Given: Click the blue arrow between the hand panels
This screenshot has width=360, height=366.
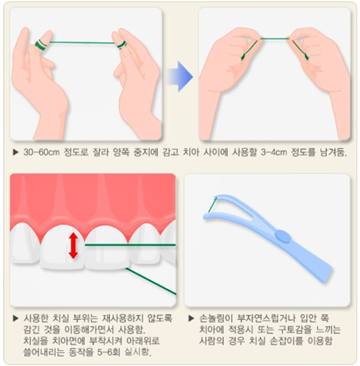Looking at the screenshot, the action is tap(180, 76).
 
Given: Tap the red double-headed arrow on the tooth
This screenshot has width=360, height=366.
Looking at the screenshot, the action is tap(73, 246).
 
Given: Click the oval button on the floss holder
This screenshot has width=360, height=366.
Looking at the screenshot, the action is tap(283, 236).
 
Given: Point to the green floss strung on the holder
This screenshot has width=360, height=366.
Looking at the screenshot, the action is tap(212, 205).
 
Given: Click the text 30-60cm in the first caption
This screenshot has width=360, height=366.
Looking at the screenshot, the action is tap(42, 152).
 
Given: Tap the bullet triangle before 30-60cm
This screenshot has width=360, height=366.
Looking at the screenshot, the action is tap(16, 152).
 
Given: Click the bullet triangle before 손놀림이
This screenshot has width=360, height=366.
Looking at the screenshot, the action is tap(192, 318).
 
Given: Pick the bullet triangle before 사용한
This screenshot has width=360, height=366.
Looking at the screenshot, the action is tap(16, 318).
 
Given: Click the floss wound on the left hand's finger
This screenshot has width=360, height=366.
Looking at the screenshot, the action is tap(40, 45).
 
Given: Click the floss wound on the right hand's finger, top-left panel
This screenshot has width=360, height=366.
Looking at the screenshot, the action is tap(122, 45).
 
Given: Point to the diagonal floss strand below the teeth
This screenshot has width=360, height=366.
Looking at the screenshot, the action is tap(151, 282).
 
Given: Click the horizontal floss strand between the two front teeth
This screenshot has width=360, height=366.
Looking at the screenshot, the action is tap(130, 245).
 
